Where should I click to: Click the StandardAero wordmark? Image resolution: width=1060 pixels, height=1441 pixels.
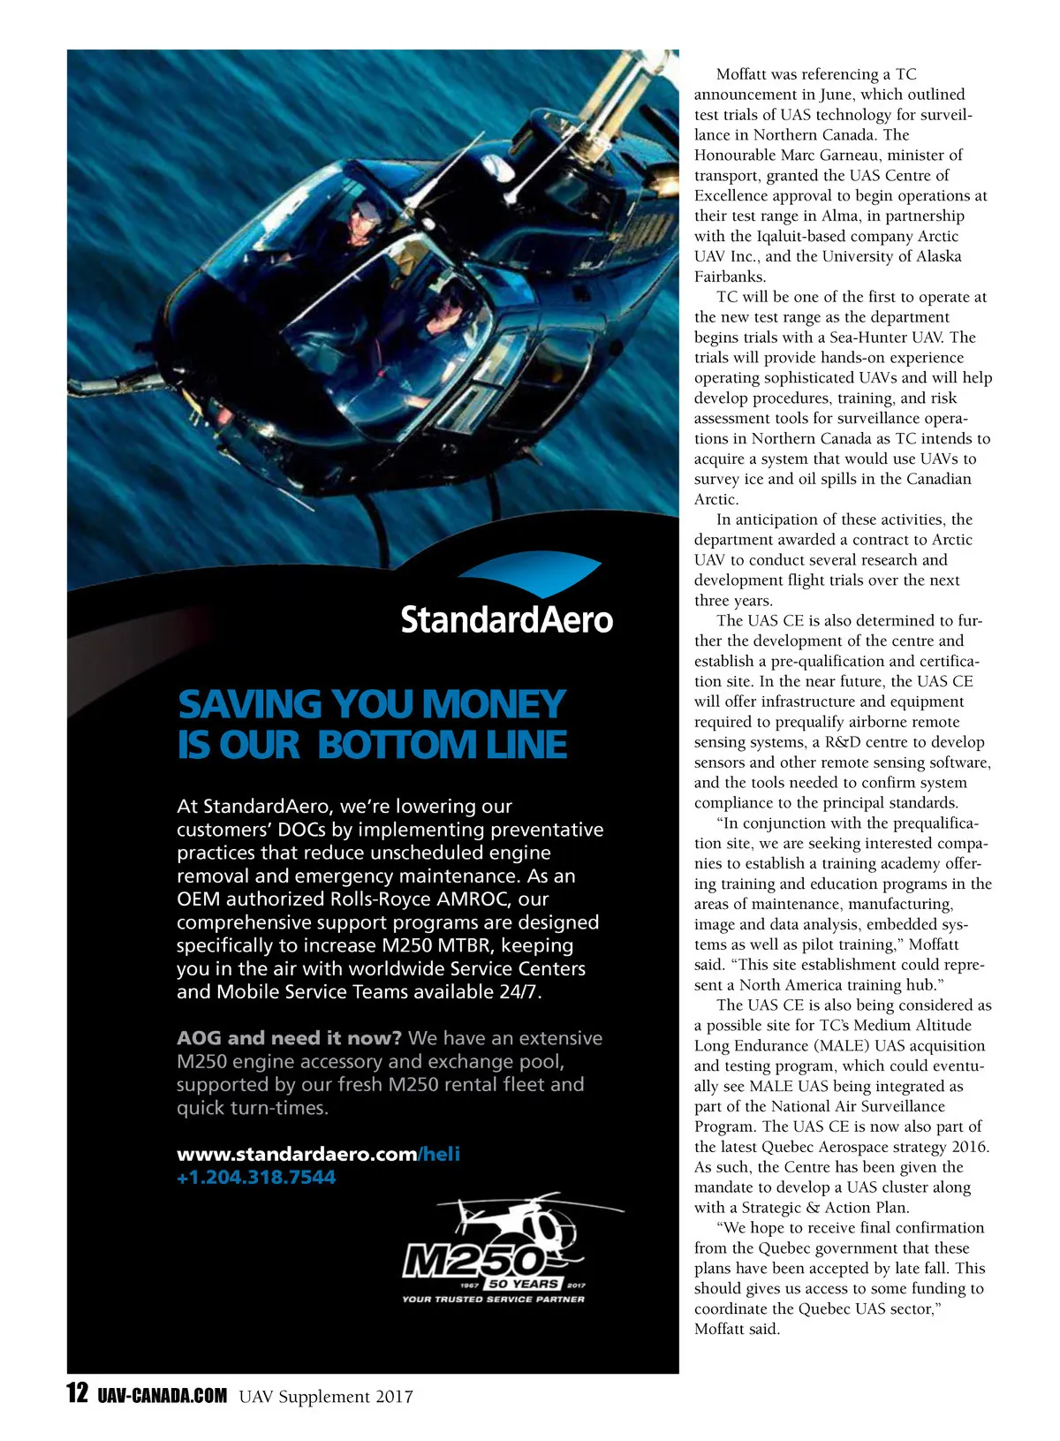click(506, 619)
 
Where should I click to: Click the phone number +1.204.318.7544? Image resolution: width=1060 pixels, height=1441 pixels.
click(256, 1177)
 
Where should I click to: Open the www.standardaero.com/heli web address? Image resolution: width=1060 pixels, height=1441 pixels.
click(318, 1154)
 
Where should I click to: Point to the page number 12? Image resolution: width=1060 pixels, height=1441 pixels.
click(78, 1393)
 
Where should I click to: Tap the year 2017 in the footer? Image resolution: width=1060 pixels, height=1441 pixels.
click(393, 1397)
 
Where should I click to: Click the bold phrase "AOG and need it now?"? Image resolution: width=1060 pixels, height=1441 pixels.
click(289, 1038)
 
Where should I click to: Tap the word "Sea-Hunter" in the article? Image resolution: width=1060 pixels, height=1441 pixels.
click(869, 337)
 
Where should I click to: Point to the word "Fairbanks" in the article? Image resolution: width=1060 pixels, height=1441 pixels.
click(729, 277)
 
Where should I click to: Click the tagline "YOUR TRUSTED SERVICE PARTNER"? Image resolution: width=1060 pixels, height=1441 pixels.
click(493, 1299)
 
